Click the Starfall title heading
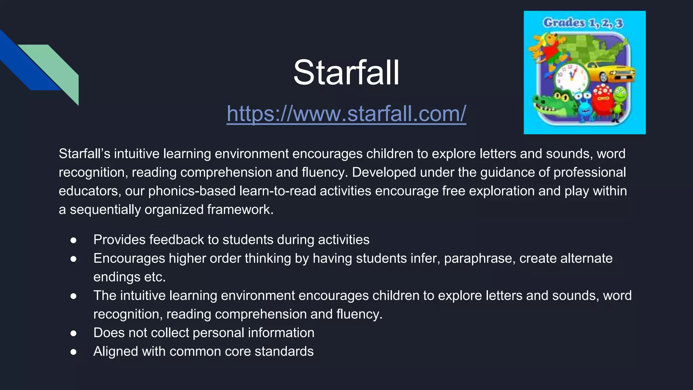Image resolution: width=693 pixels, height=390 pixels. point(346,72)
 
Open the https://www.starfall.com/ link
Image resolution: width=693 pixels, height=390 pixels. point(346,113)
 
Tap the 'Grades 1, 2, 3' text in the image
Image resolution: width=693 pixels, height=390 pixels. point(583,23)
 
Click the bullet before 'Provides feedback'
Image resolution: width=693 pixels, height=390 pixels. point(73,240)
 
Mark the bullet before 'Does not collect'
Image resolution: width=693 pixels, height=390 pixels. point(73,333)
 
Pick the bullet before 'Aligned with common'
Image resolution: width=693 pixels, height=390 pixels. point(73,352)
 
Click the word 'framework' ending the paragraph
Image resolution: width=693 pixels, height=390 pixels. point(239,210)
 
